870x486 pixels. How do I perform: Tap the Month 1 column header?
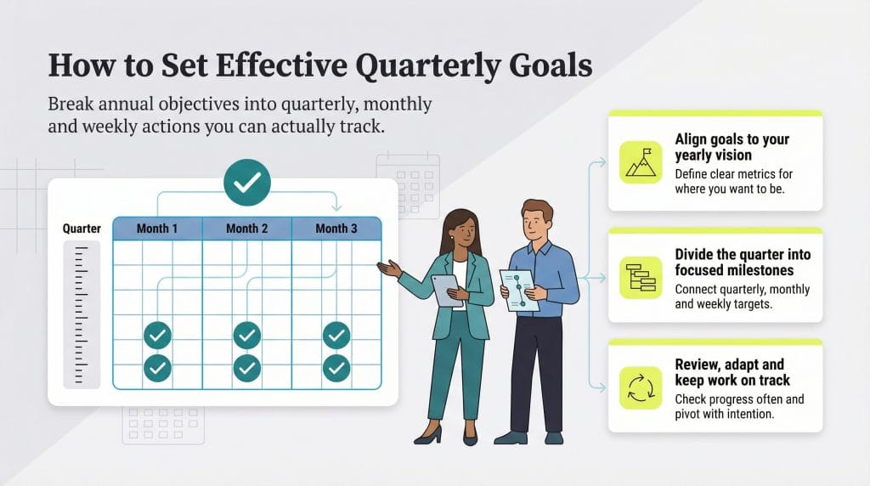[x=157, y=229]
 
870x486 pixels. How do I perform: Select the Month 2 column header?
[x=247, y=229]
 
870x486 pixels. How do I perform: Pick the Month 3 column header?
[x=336, y=229]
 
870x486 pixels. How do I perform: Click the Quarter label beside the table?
[x=82, y=229]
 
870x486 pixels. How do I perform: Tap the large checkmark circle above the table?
[x=247, y=183]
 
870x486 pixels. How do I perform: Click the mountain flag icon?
[x=641, y=162]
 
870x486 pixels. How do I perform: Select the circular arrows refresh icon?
[x=641, y=387]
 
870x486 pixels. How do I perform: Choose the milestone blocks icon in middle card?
[x=641, y=277]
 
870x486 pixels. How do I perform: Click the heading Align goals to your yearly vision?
[x=732, y=147]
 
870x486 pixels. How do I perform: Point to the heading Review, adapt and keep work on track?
[x=732, y=372]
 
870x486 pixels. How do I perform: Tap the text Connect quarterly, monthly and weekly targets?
[x=743, y=297]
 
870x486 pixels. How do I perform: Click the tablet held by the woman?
[x=447, y=291]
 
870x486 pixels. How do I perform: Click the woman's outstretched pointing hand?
[x=389, y=269]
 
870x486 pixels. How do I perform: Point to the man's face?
[x=536, y=223]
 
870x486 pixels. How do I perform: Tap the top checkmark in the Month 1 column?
[x=157, y=336]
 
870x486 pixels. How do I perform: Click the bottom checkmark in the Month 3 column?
[x=336, y=368]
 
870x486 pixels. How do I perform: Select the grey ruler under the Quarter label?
[x=82, y=314]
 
